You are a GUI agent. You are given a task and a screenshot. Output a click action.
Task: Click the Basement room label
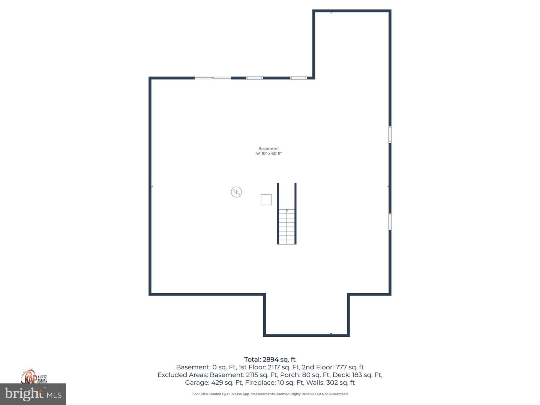point(268,148)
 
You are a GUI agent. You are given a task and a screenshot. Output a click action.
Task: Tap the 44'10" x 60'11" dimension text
point(268,153)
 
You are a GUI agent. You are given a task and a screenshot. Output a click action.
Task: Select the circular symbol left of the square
point(236,192)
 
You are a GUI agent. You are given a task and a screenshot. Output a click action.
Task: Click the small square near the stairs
point(266,199)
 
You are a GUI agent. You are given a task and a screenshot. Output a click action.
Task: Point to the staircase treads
point(287,229)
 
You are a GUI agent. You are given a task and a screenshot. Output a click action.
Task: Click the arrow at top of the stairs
point(287,211)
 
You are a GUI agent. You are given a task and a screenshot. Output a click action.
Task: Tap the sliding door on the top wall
point(213,78)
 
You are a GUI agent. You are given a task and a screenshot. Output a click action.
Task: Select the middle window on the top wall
point(254,78)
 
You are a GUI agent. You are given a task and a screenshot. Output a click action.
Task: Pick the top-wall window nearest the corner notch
point(298,78)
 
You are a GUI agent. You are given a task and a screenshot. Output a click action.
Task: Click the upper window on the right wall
point(390,135)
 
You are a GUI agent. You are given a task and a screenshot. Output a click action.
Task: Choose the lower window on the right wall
point(390,222)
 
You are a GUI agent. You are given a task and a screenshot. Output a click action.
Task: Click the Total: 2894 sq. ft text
point(270,360)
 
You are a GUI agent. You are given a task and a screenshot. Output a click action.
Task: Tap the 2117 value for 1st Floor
point(275,367)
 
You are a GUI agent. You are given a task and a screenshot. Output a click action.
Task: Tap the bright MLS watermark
point(33,394)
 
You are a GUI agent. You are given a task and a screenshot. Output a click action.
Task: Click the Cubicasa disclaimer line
point(270,394)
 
